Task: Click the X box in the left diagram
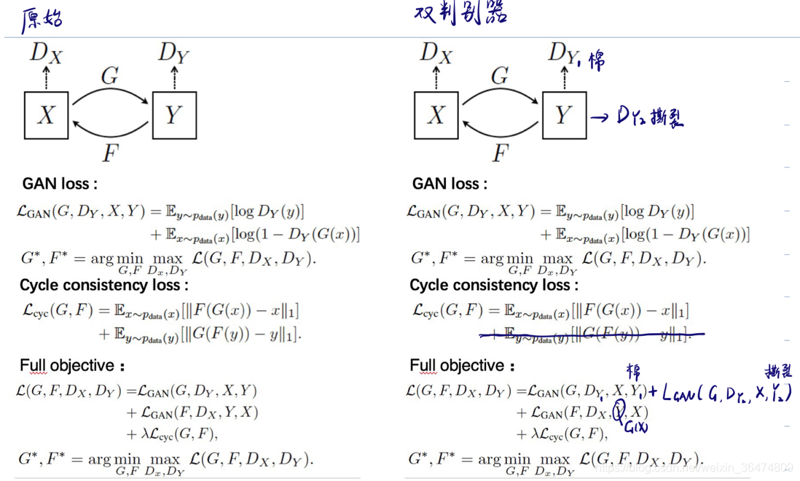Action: pyautogui.click(x=46, y=115)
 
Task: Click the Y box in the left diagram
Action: pyautogui.click(x=174, y=115)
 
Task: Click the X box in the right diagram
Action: pyautogui.click(x=436, y=115)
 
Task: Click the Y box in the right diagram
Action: pyautogui.click(x=564, y=115)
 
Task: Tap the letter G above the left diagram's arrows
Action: pyautogui.click(x=110, y=75)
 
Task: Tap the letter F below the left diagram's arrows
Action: pyautogui.click(x=110, y=153)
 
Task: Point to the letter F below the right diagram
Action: pyautogui.click(x=500, y=153)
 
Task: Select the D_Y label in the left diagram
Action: pyautogui.click(x=174, y=52)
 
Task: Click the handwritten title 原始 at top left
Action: pyautogui.click(x=42, y=20)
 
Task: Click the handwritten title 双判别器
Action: pyautogui.click(x=460, y=13)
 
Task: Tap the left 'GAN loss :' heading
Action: pyautogui.click(x=60, y=184)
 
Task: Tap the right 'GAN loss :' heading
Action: pyautogui.click(x=450, y=184)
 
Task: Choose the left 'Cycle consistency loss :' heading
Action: pyautogui.click(x=103, y=285)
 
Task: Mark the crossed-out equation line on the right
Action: pyautogui.click(x=591, y=335)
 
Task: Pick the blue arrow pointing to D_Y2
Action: pyautogui.click(x=600, y=117)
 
